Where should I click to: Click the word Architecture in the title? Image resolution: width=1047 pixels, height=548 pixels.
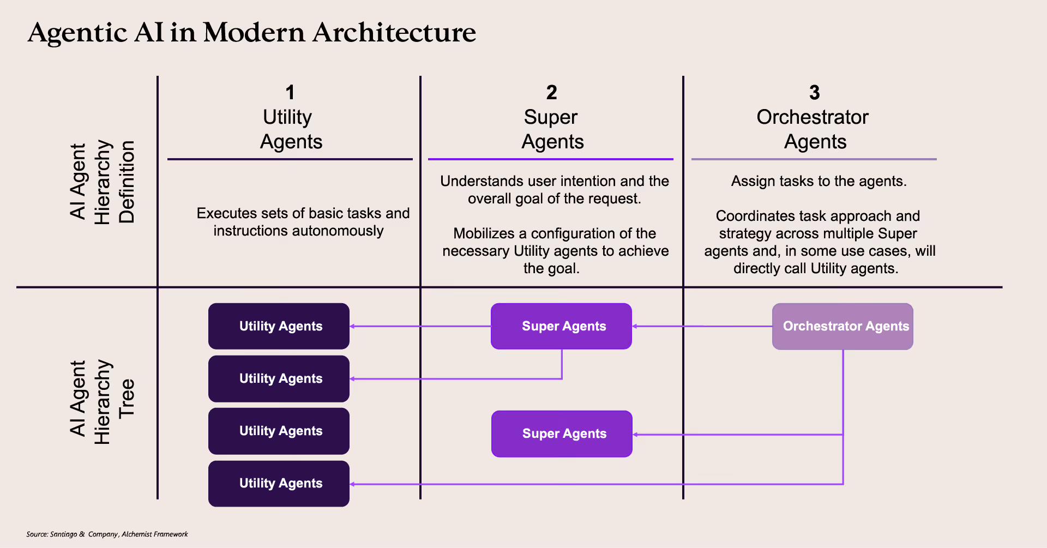tap(394, 32)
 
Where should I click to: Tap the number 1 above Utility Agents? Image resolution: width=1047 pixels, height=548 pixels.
tap(290, 93)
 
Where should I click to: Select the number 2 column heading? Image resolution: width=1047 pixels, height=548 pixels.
tap(552, 93)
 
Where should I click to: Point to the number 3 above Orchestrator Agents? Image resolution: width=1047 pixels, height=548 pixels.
tap(815, 93)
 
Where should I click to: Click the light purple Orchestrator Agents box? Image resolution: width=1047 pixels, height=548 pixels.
tap(843, 326)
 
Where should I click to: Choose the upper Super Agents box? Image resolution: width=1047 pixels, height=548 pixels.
tap(561, 326)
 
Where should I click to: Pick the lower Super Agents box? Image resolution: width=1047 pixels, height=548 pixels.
tap(562, 433)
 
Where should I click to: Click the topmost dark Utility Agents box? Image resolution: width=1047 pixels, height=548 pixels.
tap(279, 326)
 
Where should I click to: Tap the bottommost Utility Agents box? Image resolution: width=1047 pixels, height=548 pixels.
tap(279, 484)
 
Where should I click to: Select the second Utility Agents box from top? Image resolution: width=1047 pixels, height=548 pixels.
tap(279, 378)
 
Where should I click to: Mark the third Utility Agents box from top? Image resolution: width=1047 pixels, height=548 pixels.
tap(279, 431)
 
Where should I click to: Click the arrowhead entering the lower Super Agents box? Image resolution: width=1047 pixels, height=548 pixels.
tap(636, 435)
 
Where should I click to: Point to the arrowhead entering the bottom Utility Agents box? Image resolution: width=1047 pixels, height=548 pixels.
tap(353, 484)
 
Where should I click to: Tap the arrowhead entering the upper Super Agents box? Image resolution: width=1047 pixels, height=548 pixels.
tap(635, 326)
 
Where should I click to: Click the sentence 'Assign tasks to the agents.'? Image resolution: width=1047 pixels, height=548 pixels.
tap(819, 181)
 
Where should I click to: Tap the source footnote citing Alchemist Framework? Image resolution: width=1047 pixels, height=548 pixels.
tap(107, 534)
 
